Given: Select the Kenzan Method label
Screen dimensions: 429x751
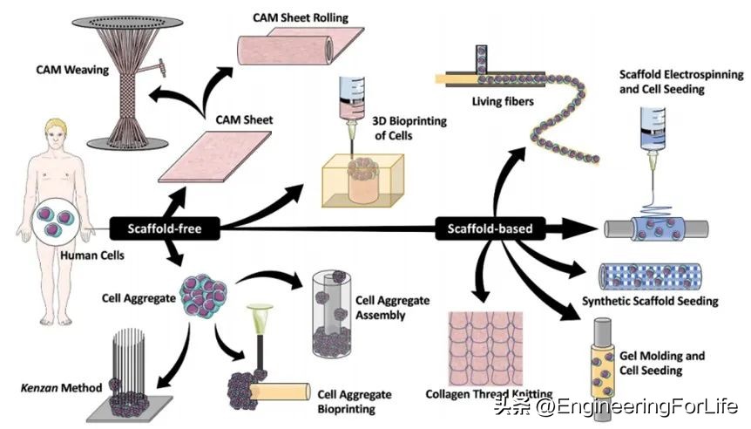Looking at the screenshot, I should pos(51,386).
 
